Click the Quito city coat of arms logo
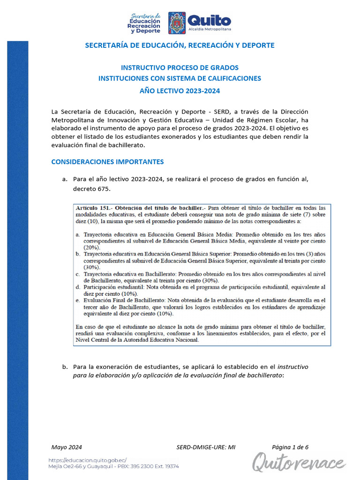pyautogui.click(x=177, y=23)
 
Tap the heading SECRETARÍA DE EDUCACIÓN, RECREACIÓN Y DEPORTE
pyautogui.click(x=180, y=45)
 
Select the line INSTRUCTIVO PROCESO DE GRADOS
pyautogui.click(x=180, y=67)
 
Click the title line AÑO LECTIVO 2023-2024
pyautogui.click(x=180, y=91)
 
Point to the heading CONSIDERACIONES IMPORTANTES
pyautogui.click(x=107, y=162)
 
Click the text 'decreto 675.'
pyautogui.click(x=92, y=188)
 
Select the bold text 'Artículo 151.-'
pyautogui.click(x=94, y=208)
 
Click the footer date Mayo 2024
pyautogui.click(x=67, y=447)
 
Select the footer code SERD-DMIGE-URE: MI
pyautogui.click(x=206, y=447)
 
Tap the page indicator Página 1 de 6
pyautogui.click(x=290, y=447)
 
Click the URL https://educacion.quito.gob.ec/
pyautogui.click(x=88, y=460)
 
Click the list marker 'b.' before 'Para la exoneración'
pyautogui.click(x=65, y=367)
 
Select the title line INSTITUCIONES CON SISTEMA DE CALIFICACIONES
pyautogui.click(x=180, y=79)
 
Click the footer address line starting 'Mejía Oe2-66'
pyautogui.click(x=113, y=466)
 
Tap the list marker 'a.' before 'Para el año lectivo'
pyautogui.click(x=65, y=179)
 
